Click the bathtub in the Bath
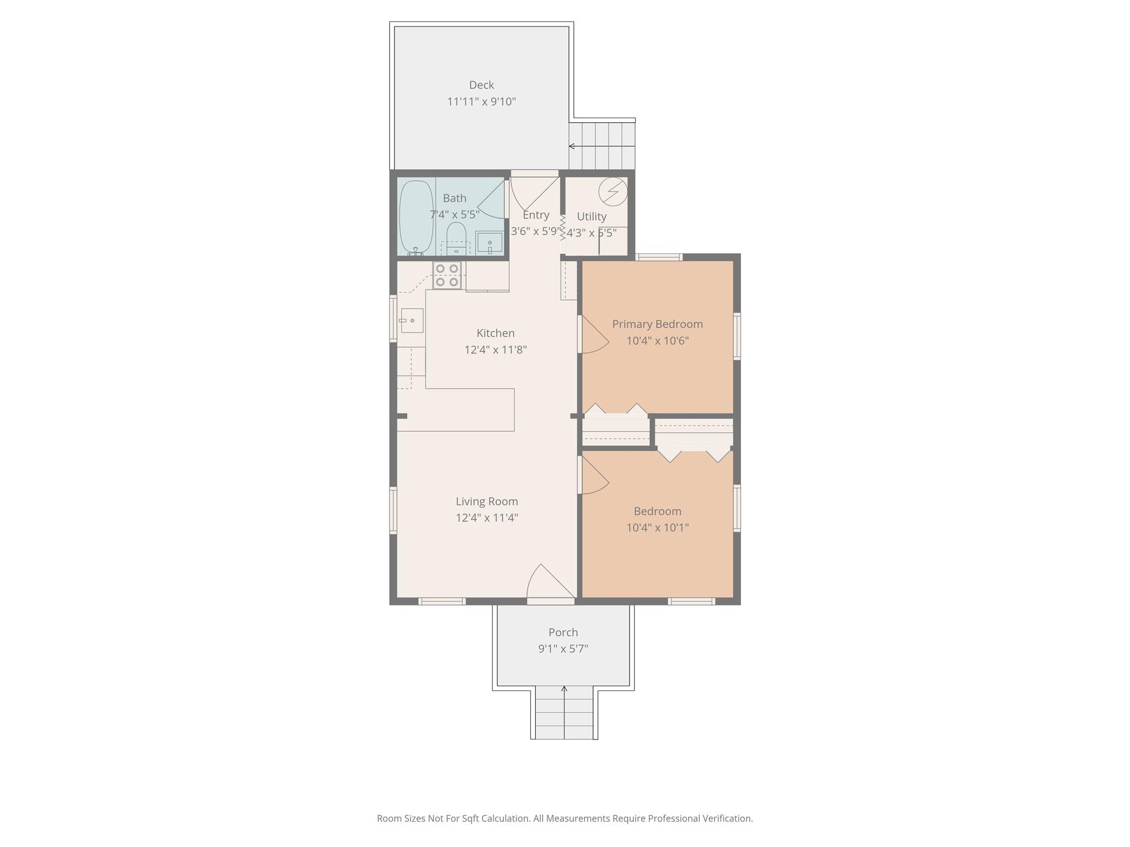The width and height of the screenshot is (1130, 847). coord(416,217)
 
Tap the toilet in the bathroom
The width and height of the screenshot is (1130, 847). coord(456,236)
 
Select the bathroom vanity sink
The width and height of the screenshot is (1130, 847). coord(489,243)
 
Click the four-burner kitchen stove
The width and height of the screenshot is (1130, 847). coord(447,275)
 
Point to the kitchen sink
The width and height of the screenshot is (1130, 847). coord(412,320)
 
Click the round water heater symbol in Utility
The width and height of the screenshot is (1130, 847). coord(613,191)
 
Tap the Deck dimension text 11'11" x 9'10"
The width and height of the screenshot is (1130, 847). coord(481,101)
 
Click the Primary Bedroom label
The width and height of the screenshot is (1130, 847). coord(657,324)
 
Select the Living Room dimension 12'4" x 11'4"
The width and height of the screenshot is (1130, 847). coord(487,518)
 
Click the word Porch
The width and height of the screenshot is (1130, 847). coord(563,632)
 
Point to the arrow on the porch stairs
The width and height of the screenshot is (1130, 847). coord(564,689)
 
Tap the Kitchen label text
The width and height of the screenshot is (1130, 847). coord(495,333)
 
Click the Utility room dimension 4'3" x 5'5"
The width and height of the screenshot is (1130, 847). coord(591,233)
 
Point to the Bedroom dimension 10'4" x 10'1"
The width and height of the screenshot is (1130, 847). coord(657,528)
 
